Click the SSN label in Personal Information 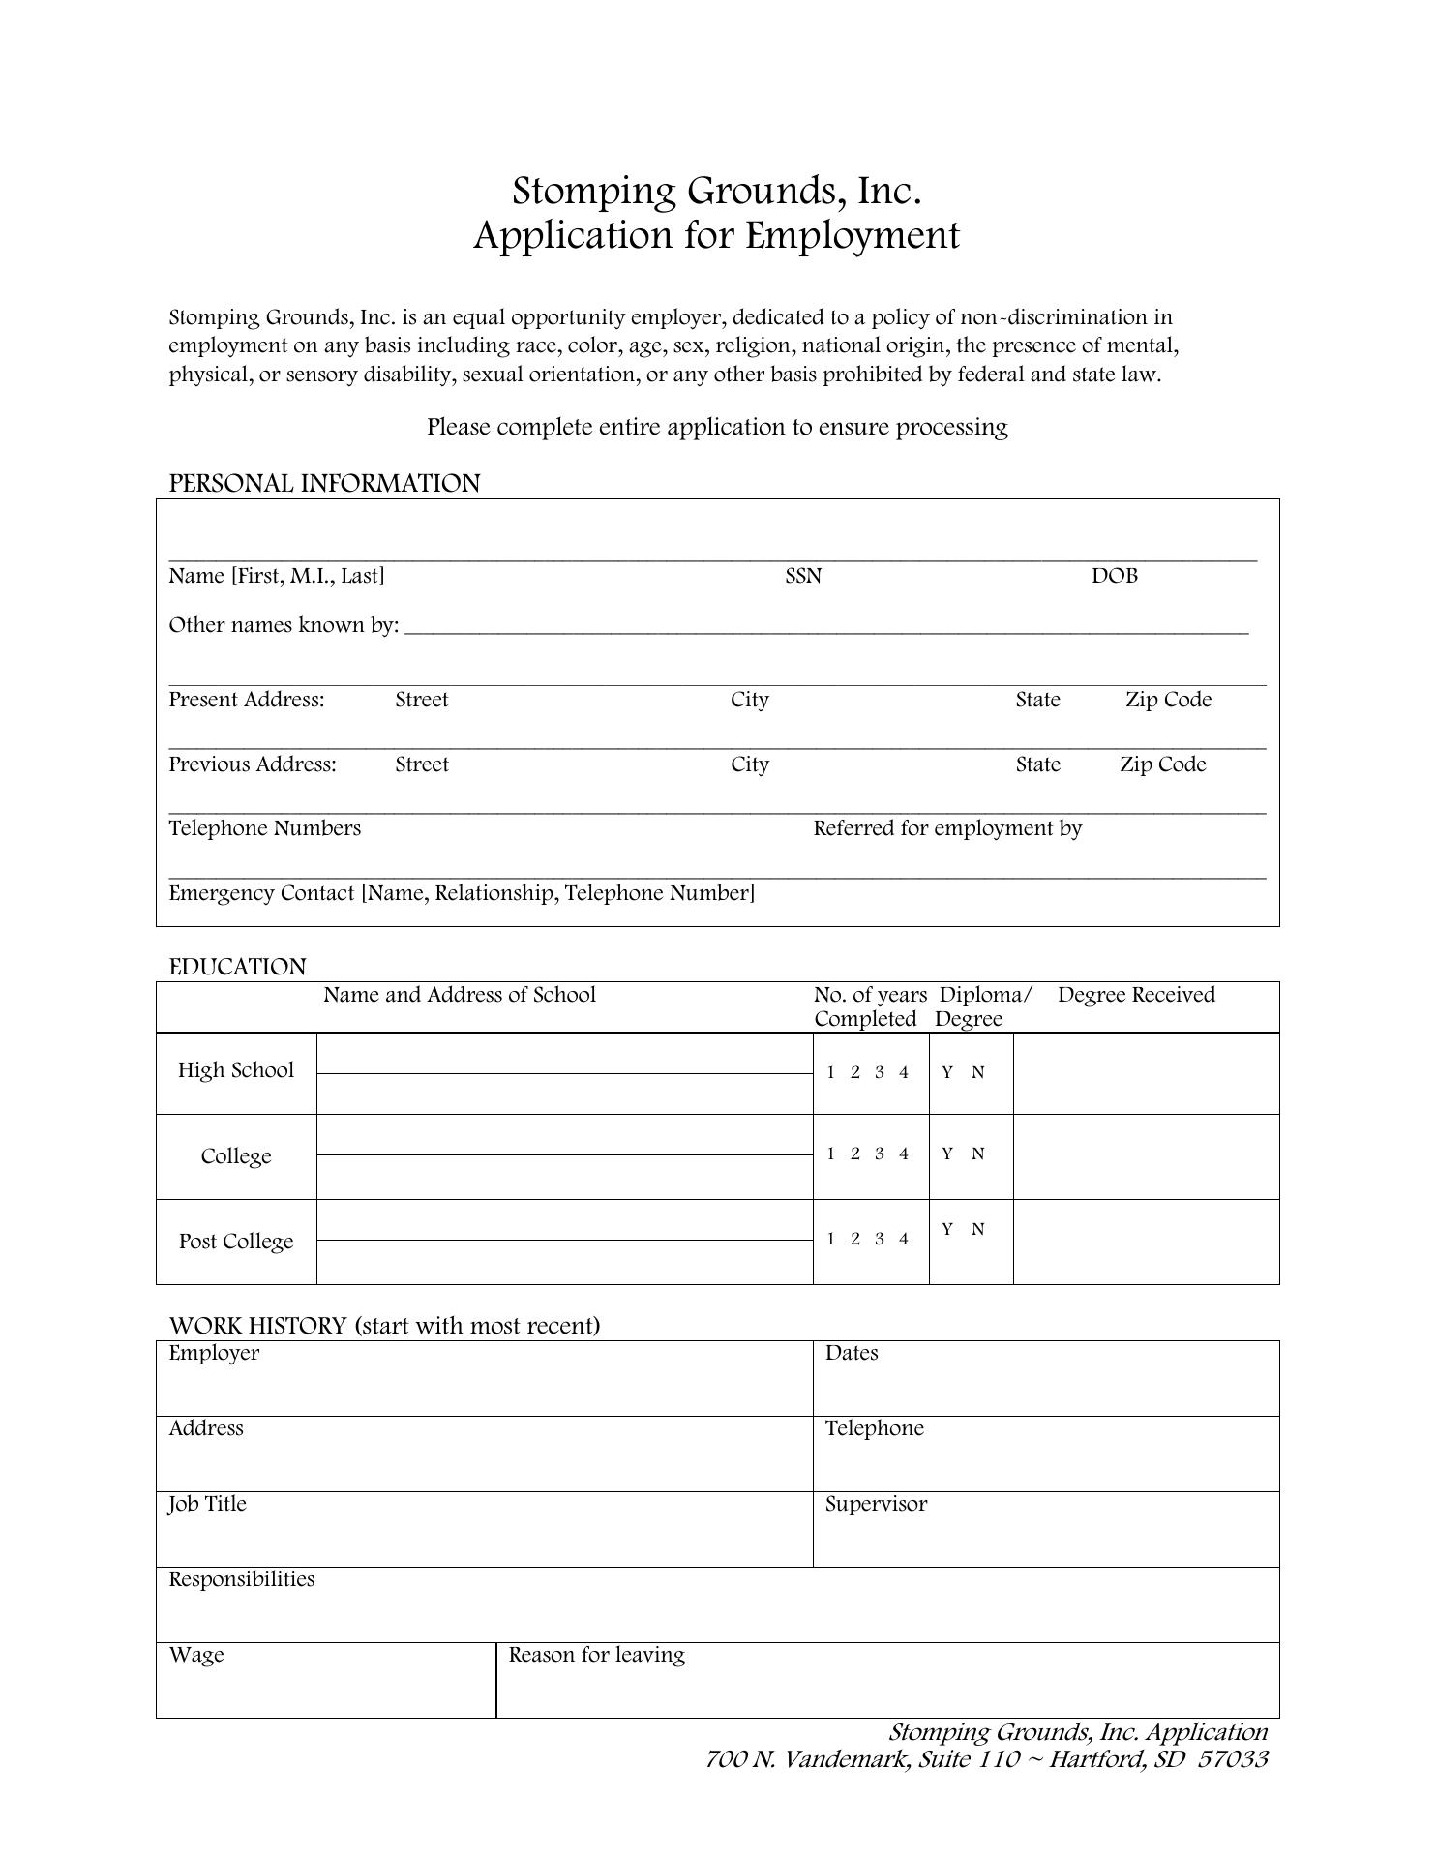(803, 577)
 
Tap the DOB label (1114, 577)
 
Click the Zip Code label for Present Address (1168, 701)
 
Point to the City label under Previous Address (750, 765)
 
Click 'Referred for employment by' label (947, 829)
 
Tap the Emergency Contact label (461, 893)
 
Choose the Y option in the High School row (947, 1072)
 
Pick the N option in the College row (977, 1154)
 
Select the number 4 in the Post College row (903, 1239)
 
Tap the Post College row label (236, 1242)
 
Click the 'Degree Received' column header (1136, 996)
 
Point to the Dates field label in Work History (852, 1354)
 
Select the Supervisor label (876, 1505)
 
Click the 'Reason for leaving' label (596, 1656)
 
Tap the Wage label (196, 1656)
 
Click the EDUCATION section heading (237, 968)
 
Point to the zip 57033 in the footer (1232, 1759)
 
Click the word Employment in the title (853, 236)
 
